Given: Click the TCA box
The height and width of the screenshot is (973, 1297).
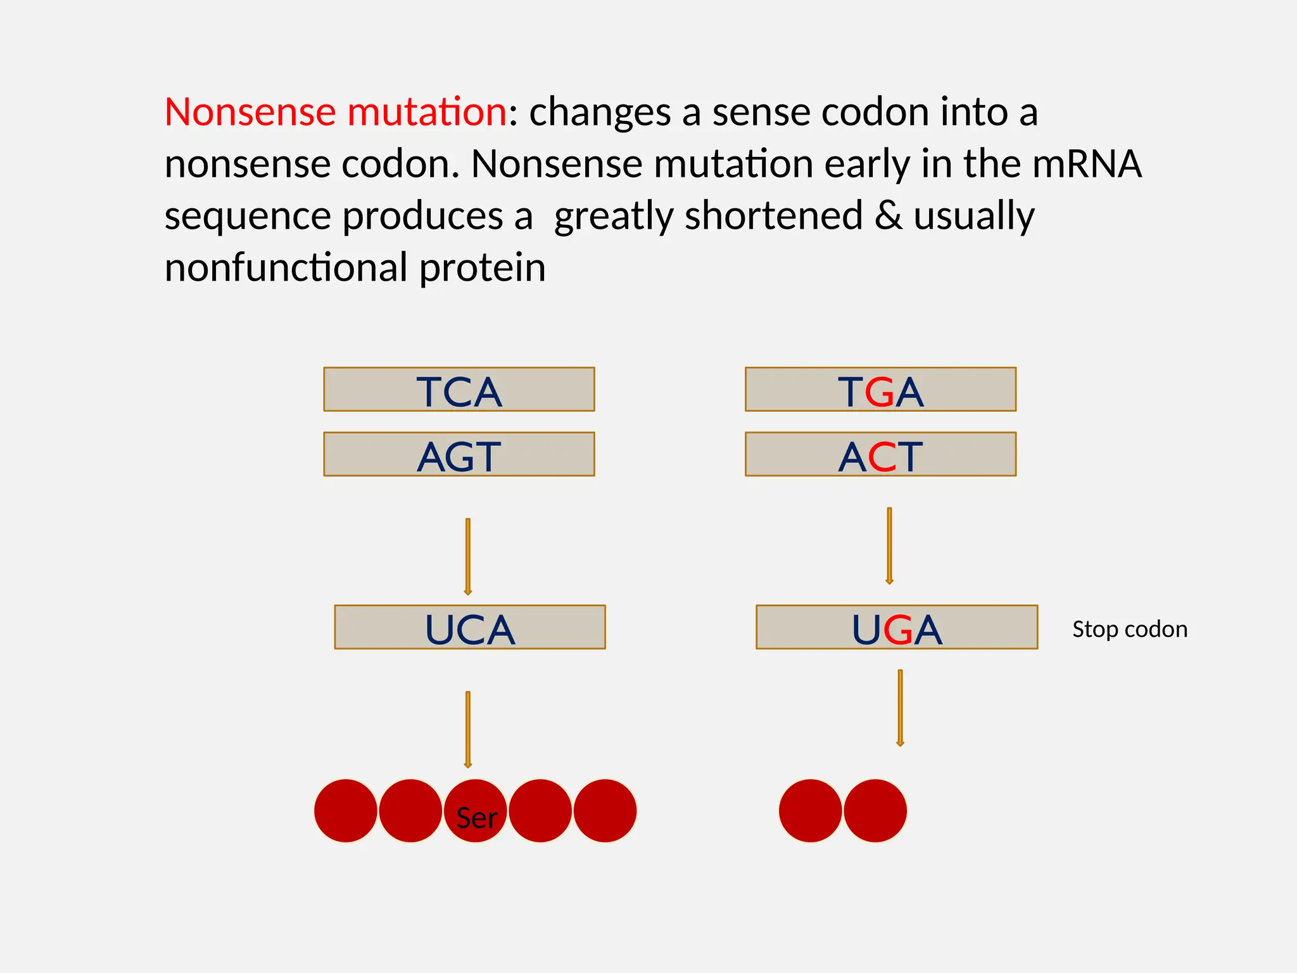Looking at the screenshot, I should (459, 390).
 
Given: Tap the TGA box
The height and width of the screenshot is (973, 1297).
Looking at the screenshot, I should (880, 390).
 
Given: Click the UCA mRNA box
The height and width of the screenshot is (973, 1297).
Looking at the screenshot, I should (470, 627).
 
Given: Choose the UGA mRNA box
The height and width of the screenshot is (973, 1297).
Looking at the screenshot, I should (897, 627).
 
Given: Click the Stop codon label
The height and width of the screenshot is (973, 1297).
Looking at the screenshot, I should (1130, 629).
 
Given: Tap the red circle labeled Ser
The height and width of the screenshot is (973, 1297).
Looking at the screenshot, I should (476, 811).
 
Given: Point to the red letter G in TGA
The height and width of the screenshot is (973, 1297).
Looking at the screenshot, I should (880, 392).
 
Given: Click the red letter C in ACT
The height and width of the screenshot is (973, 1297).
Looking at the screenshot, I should (882, 457).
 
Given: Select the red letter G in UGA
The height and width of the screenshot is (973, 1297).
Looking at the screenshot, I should (897, 630).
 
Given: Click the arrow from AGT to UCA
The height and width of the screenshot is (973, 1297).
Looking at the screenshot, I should (468, 556).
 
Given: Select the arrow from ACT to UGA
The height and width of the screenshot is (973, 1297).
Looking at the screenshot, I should (889, 545).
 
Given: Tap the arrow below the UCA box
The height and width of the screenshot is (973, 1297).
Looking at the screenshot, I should (468, 729).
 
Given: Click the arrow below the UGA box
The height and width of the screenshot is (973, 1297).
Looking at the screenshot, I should (900, 708).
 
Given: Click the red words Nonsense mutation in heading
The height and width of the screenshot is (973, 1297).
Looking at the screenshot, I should (336, 112).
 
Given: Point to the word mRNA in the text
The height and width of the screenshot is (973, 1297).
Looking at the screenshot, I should (1087, 164).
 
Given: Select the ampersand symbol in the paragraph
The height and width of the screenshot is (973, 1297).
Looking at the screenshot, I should (889, 215).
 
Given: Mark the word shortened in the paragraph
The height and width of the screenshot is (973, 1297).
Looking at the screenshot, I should (774, 215).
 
